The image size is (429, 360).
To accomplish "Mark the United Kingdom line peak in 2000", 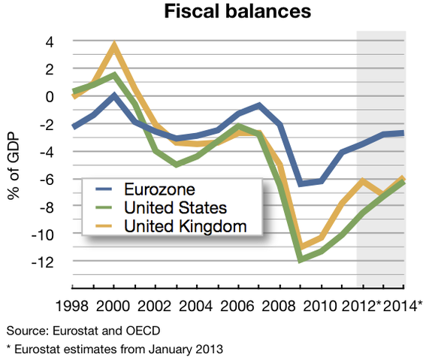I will [x=113, y=46].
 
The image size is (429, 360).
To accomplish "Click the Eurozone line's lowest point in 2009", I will [x=301, y=183].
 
